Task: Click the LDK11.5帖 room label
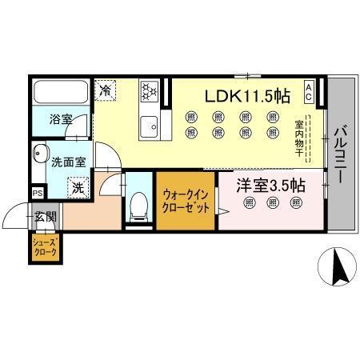point(247,95)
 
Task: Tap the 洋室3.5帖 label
point(270,185)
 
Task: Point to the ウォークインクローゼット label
point(186,200)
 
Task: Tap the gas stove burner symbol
point(150,92)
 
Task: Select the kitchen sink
point(149,126)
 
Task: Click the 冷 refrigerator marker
point(106,91)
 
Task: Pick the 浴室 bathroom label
point(61,120)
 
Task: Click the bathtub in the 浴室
point(61,91)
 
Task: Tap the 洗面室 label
point(69,161)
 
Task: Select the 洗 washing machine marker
point(78,188)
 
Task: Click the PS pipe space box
point(37,192)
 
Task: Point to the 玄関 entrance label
point(46,216)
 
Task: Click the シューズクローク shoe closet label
point(44,247)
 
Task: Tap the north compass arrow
point(337,267)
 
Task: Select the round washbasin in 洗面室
point(40,154)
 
